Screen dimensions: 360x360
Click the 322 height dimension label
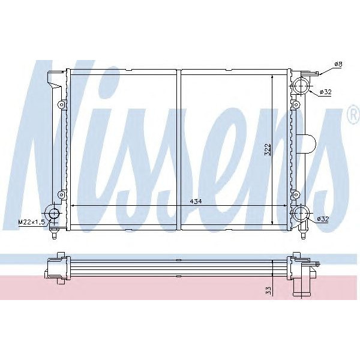tap(268, 150)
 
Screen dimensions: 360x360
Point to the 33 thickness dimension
tap(269, 290)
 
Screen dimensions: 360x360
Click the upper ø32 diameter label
tap(326, 92)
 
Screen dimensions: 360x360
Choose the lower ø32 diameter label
tap(323, 220)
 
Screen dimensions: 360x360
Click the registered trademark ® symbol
tap(352, 117)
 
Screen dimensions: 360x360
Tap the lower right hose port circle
tap(299, 214)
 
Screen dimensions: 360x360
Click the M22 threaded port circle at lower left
tap(54, 214)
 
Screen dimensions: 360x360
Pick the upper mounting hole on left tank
tap(61, 105)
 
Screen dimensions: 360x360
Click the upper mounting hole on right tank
tap(295, 105)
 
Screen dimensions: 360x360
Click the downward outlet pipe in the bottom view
tap(301, 286)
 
